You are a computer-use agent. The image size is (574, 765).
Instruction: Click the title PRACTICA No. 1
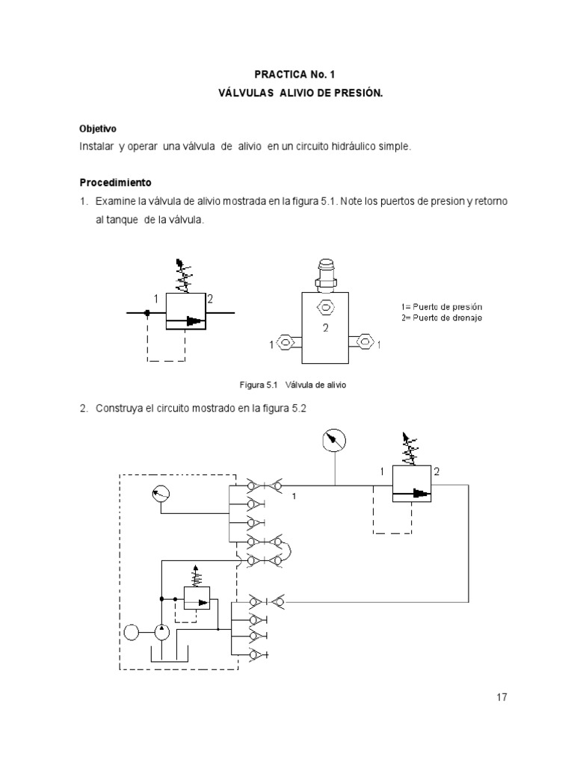click(287, 75)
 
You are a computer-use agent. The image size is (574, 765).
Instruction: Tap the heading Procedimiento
click(115, 182)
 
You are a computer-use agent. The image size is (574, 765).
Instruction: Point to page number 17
click(501, 697)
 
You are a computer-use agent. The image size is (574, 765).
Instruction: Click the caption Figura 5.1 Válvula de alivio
click(293, 385)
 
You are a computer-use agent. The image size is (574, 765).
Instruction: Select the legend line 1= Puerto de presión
click(442, 307)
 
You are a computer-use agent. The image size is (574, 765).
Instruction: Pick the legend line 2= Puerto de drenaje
click(442, 318)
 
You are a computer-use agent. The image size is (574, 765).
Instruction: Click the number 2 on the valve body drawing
click(326, 328)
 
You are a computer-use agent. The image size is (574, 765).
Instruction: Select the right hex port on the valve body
click(365, 344)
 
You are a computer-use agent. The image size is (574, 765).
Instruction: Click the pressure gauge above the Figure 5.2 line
click(333, 440)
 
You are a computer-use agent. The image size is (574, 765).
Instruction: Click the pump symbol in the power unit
click(161, 633)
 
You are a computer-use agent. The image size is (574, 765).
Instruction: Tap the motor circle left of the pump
click(132, 633)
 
